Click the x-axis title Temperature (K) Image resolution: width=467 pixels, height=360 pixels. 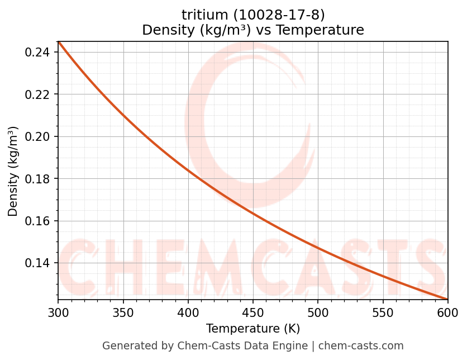coord(252,329)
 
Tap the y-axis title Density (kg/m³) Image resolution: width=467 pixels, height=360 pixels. coord(13,171)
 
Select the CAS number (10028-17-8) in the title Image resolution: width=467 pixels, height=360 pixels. coord(274,15)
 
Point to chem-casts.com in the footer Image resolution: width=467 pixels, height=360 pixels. coord(361,346)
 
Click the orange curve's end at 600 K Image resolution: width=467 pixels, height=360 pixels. coord(447,299)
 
